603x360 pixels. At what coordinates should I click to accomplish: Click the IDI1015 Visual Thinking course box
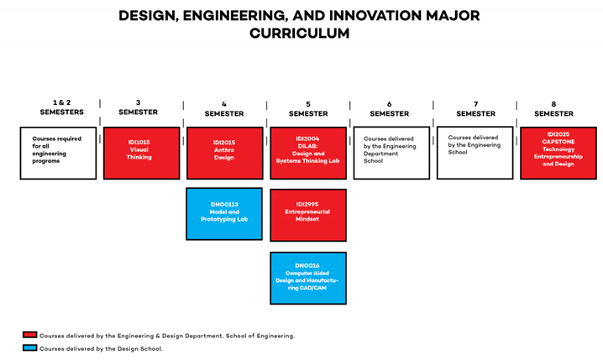click(x=141, y=153)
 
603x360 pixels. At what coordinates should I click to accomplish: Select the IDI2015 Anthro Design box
click(x=224, y=153)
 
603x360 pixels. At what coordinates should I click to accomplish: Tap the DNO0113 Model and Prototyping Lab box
click(x=224, y=213)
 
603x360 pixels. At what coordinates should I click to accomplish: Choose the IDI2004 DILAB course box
click(x=308, y=153)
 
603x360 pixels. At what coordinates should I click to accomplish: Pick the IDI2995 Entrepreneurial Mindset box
click(x=308, y=215)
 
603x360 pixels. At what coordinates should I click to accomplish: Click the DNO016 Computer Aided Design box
click(x=308, y=278)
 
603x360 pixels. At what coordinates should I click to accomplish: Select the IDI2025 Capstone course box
click(x=558, y=153)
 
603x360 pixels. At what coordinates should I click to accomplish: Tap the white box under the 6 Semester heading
click(x=391, y=153)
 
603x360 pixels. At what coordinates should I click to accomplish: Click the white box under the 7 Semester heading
click(x=475, y=153)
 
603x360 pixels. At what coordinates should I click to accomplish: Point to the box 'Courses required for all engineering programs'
click(x=58, y=153)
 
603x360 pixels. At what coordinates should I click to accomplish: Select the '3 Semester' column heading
click(x=139, y=107)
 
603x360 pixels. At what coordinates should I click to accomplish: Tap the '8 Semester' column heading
click(x=554, y=109)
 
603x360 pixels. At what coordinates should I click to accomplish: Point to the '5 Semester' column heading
click(x=308, y=109)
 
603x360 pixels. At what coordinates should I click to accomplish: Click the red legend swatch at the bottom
click(x=30, y=335)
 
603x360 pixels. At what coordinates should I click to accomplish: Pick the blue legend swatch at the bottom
click(x=30, y=347)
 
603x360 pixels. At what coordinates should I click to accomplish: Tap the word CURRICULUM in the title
click(x=300, y=34)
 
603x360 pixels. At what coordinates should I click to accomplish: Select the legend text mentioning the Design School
click(x=101, y=348)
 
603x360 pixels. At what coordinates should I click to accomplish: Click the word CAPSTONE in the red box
click(x=558, y=142)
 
